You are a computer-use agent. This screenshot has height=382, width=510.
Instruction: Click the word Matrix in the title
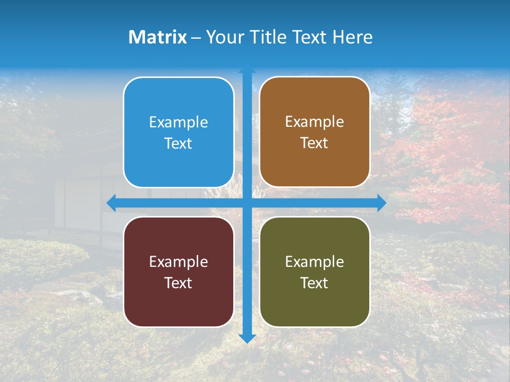click(x=157, y=37)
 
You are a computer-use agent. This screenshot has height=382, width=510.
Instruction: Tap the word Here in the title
click(x=352, y=37)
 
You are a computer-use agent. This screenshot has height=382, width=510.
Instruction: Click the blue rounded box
click(x=178, y=132)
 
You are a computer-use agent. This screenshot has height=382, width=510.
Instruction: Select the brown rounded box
click(x=314, y=132)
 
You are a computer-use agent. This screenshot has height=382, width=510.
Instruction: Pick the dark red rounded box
click(x=178, y=272)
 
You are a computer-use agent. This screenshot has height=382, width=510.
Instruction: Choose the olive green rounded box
click(x=314, y=272)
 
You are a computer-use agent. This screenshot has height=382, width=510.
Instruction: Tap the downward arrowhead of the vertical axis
click(x=247, y=338)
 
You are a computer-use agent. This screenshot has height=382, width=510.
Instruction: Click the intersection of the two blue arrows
click(x=247, y=203)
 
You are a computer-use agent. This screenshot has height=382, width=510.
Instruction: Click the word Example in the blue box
click(x=178, y=123)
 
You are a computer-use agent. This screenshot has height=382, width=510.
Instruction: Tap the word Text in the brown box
click(x=314, y=143)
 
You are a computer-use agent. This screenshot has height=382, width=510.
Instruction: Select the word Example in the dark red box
click(x=178, y=262)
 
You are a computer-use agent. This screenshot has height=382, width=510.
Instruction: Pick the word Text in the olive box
click(x=314, y=283)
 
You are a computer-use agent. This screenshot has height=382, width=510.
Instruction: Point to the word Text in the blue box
click(x=178, y=144)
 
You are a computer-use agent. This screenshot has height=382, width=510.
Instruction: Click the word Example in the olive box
click(x=314, y=262)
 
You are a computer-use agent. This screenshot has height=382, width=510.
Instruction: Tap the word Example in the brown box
click(x=314, y=122)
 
